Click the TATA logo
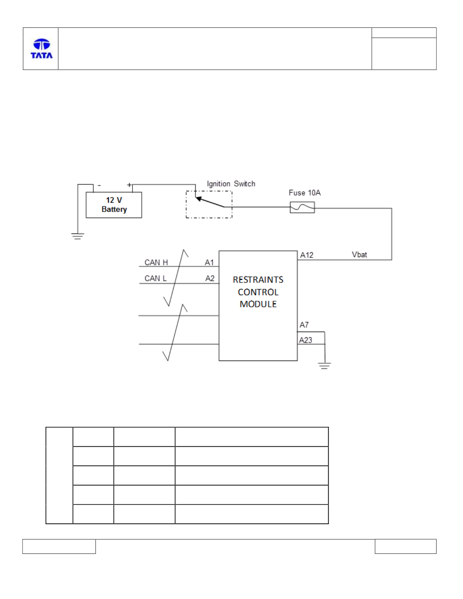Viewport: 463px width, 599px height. tap(41, 49)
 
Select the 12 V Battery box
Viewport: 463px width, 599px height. tap(114, 205)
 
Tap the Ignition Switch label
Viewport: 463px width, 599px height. tap(231, 184)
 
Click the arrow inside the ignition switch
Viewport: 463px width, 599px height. tap(210, 202)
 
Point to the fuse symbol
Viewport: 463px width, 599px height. tap(302, 207)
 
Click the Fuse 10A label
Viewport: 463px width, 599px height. tap(305, 193)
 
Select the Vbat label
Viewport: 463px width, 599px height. tap(359, 255)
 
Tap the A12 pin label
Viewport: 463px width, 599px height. tap(306, 255)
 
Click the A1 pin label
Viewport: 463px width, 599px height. tap(209, 262)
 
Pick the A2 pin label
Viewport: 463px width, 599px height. tap(210, 278)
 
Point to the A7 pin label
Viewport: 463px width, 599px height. tap(304, 325)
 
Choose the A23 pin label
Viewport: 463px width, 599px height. tap(305, 340)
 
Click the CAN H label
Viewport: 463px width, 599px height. tap(156, 262)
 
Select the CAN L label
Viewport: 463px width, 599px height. tap(155, 278)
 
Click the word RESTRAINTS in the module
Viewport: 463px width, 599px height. tap(258, 280)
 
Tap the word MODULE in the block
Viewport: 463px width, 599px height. tap(258, 304)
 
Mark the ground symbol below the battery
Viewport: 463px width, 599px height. tap(78, 236)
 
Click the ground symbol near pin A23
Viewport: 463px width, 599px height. tap(324, 366)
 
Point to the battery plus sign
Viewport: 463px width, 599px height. tap(129, 185)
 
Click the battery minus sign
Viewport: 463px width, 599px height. tap(99, 185)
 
